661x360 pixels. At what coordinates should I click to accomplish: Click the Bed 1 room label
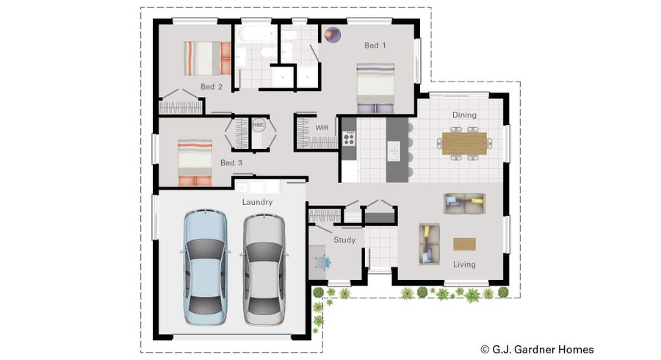tap(375, 45)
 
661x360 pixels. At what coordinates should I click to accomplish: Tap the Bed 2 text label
tap(212, 87)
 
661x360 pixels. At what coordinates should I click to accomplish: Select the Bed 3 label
tap(231, 162)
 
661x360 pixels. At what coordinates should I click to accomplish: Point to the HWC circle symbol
tap(259, 125)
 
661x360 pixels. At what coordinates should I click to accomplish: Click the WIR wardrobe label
tap(322, 127)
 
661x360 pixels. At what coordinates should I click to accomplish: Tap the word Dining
tap(464, 115)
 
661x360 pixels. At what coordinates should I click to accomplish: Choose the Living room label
tap(464, 264)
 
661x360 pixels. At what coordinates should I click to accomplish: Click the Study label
tap(344, 240)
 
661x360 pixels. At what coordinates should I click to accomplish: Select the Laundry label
tap(257, 202)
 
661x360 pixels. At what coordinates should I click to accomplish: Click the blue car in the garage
tap(206, 267)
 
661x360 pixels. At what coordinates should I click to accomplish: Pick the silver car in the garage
tap(264, 269)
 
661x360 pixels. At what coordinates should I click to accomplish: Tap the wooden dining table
tap(464, 143)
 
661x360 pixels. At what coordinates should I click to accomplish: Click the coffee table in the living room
tap(464, 244)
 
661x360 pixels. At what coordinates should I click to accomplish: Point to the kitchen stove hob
tap(349, 139)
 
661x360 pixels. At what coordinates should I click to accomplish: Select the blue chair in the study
tap(322, 262)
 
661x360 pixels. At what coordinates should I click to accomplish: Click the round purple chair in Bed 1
tap(333, 35)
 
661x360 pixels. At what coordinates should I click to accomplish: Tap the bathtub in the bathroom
tap(256, 34)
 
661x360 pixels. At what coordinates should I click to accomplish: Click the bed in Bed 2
tap(207, 58)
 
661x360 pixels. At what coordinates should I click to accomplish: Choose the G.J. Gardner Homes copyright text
tap(537, 350)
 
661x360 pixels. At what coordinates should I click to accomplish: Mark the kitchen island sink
tap(394, 151)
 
